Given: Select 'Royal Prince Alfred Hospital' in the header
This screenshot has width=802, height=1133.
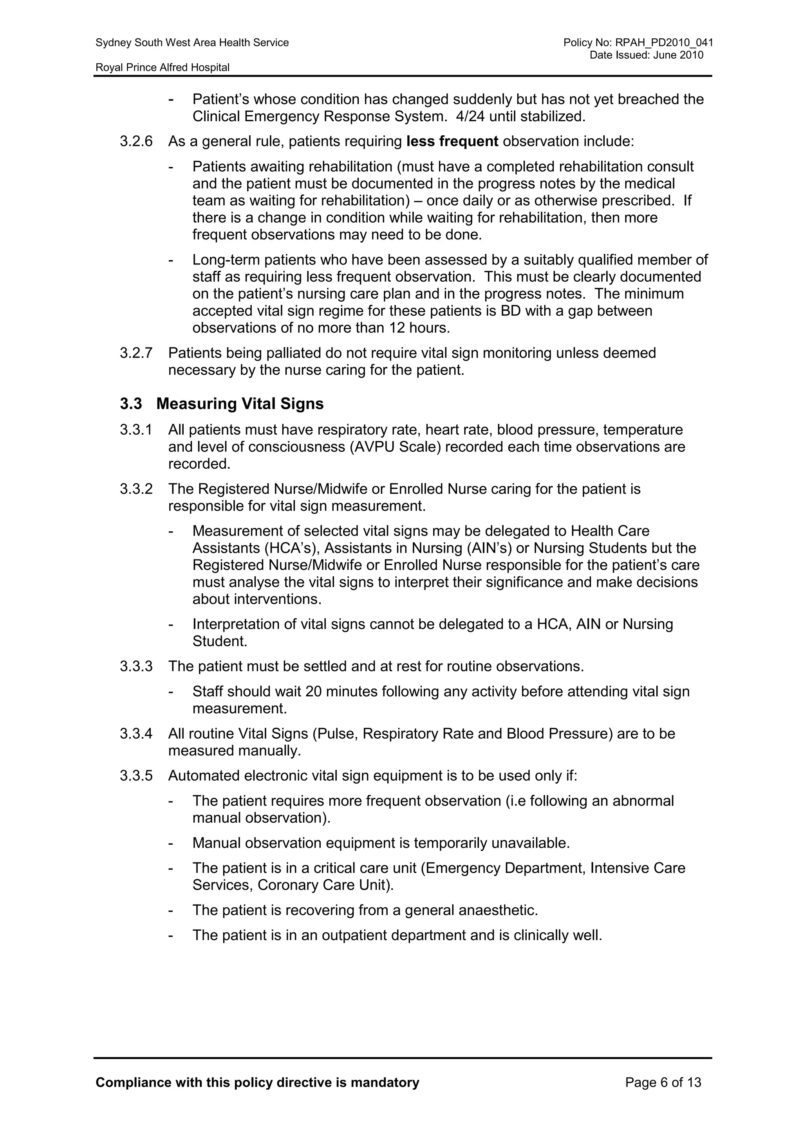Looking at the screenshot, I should click(163, 68).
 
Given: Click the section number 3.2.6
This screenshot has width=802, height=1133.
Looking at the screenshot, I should click(136, 142).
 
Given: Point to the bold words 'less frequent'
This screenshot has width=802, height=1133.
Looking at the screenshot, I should click(452, 142).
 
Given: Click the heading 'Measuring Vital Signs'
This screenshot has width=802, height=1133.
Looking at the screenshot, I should click(240, 404).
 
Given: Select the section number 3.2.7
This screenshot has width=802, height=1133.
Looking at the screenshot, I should click(136, 353).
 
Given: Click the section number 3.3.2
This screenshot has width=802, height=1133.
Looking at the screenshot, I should click(136, 489).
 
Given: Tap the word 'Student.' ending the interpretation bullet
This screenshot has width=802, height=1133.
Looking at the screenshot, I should click(220, 642).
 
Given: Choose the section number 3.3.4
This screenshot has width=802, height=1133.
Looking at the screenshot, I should click(136, 734).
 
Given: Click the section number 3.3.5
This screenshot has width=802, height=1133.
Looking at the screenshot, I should click(136, 776).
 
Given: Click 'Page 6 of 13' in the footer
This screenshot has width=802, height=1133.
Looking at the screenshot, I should click(663, 1083).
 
